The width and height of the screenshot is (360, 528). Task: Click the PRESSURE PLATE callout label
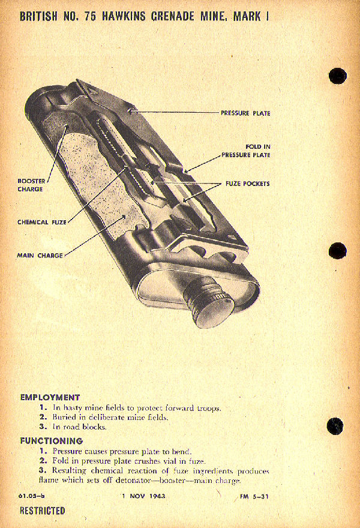pyautogui.click(x=245, y=113)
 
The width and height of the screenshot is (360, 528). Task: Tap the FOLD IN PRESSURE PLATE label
pyautogui.click(x=245, y=151)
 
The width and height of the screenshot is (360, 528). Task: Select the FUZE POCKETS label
pyautogui.click(x=247, y=184)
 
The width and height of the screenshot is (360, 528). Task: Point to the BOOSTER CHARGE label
pyautogui.click(x=30, y=184)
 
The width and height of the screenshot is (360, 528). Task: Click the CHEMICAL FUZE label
pyautogui.click(x=41, y=222)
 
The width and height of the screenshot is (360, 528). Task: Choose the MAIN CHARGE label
pyautogui.click(x=40, y=256)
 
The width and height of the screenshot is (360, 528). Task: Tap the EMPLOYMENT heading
pyautogui.click(x=50, y=397)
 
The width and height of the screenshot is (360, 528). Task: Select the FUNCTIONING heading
pyautogui.click(x=51, y=440)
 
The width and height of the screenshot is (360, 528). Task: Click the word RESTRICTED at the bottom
pyautogui.click(x=42, y=511)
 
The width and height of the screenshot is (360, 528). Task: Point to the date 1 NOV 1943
pyautogui.click(x=143, y=496)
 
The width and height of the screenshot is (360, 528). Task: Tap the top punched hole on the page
pyautogui.click(x=338, y=76)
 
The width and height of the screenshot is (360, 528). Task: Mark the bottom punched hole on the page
pyautogui.click(x=336, y=427)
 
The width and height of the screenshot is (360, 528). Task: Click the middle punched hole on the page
pyautogui.click(x=337, y=251)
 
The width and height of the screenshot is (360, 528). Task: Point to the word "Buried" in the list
pyautogui.click(x=64, y=417)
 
